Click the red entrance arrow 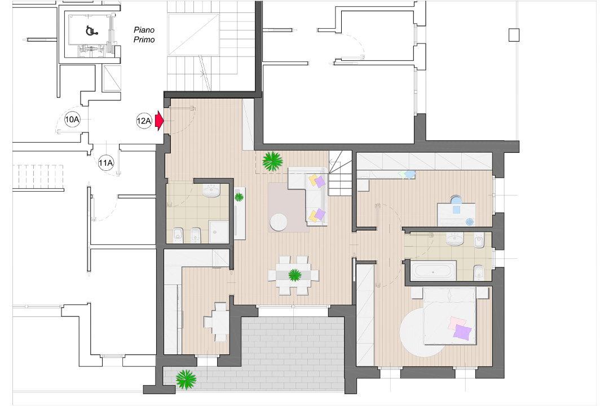click(x=160, y=121)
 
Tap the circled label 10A click(x=72, y=120)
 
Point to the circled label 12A click(x=144, y=121)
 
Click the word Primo click(x=144, y=39)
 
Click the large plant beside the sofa click(x=273, y=161)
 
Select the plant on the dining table click(x=294, y=275)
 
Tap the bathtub click(x=433, y=271)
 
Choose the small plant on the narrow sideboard click(x=239, y=197)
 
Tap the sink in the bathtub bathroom click(x=454, y=240)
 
